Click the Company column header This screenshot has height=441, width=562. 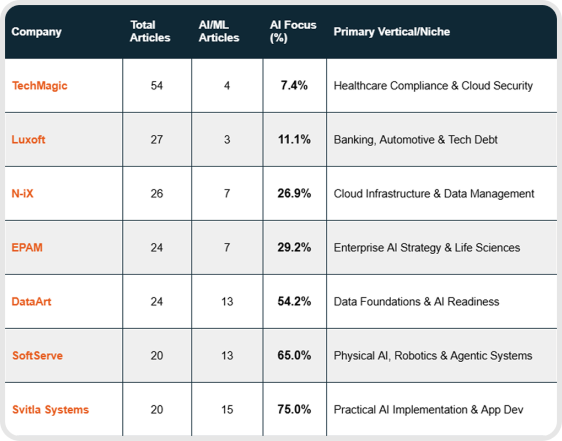36,31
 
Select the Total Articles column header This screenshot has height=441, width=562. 150,31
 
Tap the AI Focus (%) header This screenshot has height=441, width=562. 293,31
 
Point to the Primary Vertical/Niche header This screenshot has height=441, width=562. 392,31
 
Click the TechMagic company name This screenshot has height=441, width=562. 40,85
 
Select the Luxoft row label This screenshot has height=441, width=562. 29,139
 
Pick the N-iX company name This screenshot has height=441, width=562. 23,193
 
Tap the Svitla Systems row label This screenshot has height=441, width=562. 50,410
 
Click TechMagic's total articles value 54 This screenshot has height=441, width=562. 157,85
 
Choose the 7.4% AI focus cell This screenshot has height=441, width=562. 294,85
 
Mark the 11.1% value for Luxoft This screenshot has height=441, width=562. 294,139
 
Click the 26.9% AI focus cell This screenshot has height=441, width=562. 294,193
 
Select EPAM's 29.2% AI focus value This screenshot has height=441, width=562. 294,248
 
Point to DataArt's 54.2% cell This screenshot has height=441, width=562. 294,302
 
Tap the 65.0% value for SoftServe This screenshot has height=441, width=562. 294,356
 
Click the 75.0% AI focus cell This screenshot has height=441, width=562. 294,410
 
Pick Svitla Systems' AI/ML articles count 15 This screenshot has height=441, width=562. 227,410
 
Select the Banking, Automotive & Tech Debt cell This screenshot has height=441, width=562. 415,139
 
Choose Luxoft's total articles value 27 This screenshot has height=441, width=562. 157,139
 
